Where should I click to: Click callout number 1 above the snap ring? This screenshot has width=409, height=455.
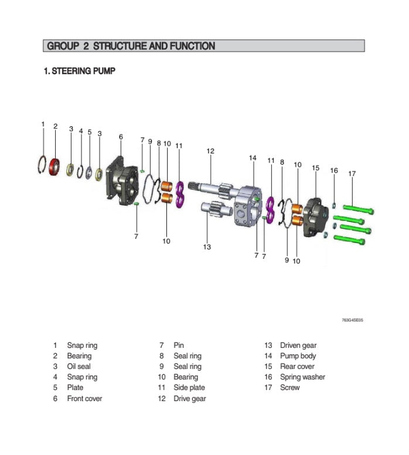43,124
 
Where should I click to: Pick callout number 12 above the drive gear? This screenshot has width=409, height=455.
210,151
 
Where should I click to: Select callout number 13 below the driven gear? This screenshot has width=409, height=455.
207,247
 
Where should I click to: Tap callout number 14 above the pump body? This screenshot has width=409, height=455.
253,158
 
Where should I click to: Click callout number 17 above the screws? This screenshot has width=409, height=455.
352,173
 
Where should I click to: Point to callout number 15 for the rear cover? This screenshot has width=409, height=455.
315,168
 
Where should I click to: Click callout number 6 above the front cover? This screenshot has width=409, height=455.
121,137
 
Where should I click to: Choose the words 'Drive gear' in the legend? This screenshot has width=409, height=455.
189,399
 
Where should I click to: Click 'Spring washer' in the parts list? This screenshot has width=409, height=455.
302,377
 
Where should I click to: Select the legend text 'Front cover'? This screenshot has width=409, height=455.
84,399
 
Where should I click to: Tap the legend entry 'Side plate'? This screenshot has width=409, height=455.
189,388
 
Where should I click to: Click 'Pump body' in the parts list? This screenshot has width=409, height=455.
298,356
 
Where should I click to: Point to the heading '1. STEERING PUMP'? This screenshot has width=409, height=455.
80,71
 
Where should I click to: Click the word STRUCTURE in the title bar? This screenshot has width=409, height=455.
120,46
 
